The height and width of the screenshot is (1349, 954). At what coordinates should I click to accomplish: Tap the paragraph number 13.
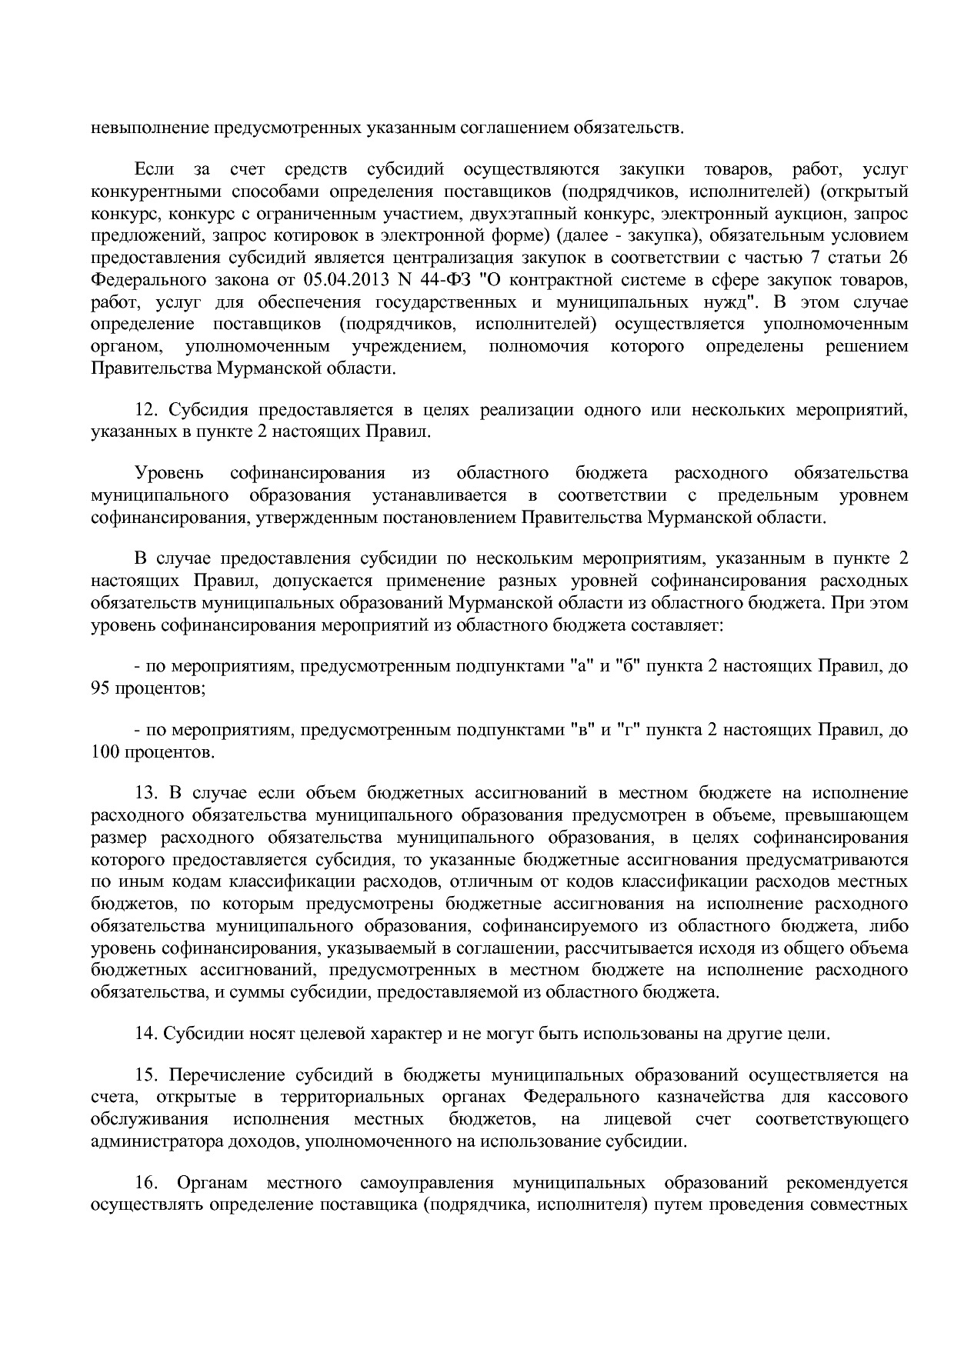146,793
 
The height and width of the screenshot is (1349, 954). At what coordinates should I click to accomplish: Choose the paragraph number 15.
146,1074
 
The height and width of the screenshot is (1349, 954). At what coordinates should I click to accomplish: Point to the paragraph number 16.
146,1182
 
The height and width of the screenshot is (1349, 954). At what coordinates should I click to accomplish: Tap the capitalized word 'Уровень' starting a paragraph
169,473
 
